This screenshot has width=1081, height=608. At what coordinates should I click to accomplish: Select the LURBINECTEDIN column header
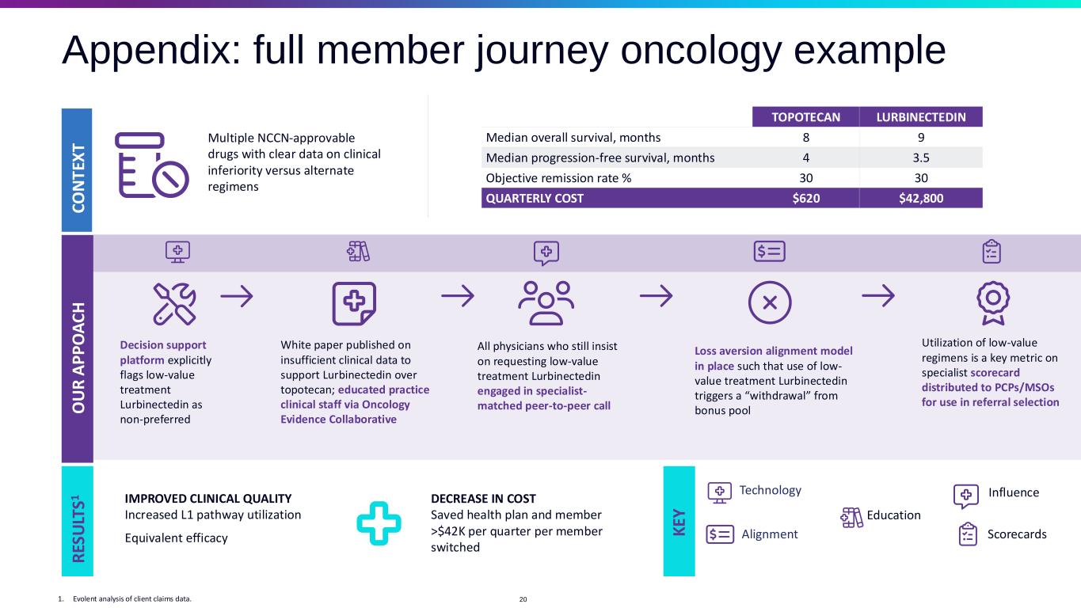coord(920,117)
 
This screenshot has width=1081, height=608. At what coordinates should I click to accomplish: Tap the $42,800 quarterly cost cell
coord(920,198)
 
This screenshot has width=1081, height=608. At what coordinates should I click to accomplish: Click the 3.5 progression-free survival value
coord(920,158)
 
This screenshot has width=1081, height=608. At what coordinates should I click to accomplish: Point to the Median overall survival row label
coord(573,137)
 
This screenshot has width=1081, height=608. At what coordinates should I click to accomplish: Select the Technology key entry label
coord(770,491)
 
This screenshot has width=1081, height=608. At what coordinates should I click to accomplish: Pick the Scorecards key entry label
coord(1017,534)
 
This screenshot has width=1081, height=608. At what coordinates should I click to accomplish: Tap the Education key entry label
coord(893,515)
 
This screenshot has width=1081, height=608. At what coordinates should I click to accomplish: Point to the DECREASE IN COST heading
coord(483,499)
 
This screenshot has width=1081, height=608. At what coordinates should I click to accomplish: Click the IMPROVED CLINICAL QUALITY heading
coord(208,499)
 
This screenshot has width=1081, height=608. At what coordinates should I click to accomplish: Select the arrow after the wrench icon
coord(236,296)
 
